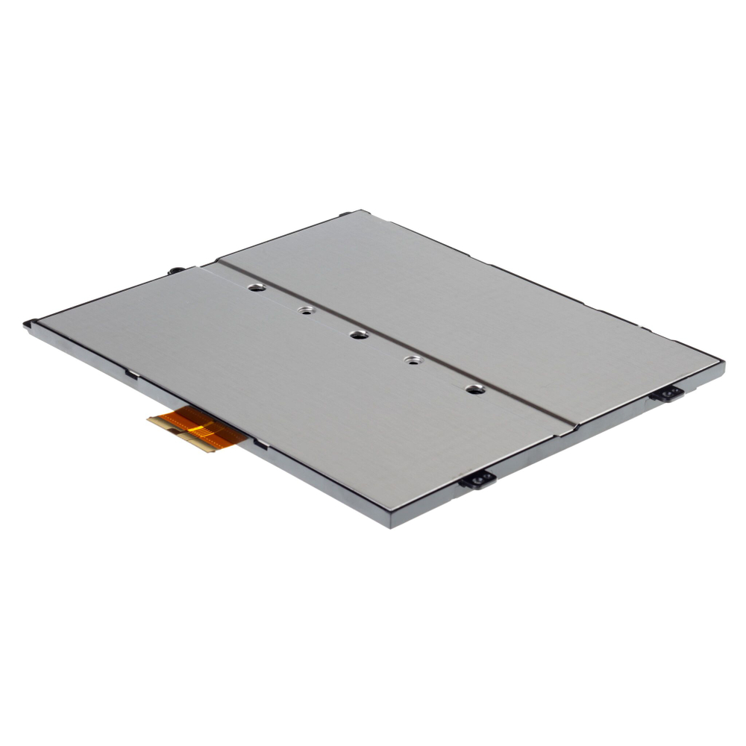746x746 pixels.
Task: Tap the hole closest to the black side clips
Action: pos(474,389)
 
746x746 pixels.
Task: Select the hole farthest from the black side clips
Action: pos(257,287)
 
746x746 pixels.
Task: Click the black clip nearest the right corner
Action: pos(666,393)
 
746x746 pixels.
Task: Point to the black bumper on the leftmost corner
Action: pos(30,324)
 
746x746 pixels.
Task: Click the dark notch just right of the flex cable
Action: pos(261,445)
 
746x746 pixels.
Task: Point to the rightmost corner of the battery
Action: pos(722,364)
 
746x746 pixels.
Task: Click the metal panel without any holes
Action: pos(477,298)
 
